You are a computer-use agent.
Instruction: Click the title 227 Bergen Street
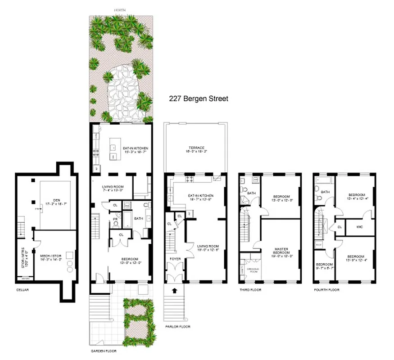click(x=199, y=99)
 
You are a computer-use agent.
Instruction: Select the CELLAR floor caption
click(x=21, y=290)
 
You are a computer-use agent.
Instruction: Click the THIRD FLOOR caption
click(x=251, y=290)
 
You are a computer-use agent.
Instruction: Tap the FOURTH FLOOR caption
click(x=326, y=290)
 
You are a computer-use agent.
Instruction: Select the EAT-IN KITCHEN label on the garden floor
click(x=136, y=148)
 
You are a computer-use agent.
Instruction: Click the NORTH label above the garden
click(x=120, y=9)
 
